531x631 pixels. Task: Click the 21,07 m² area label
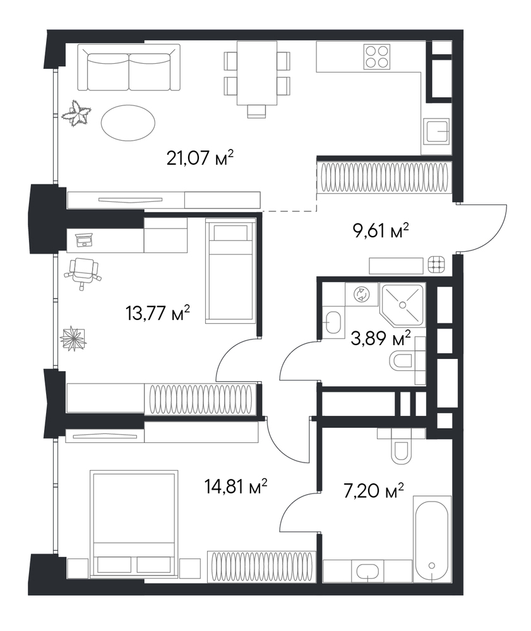[200, 157]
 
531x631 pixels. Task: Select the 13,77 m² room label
[158, 313]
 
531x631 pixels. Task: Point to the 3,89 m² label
[381, 338]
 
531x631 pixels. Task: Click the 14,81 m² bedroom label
[236, 486]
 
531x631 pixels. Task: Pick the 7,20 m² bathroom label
[374, 491]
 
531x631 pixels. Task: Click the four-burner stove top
[377, 56]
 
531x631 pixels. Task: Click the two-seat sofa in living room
[129, 68]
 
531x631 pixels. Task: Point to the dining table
[257, 73]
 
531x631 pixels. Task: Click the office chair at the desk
[83, 273]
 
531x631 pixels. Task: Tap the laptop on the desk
[85, 240]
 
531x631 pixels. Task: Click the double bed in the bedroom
[134, 524]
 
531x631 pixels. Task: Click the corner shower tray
[403, 304]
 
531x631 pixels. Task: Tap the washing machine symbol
[361, 294]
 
